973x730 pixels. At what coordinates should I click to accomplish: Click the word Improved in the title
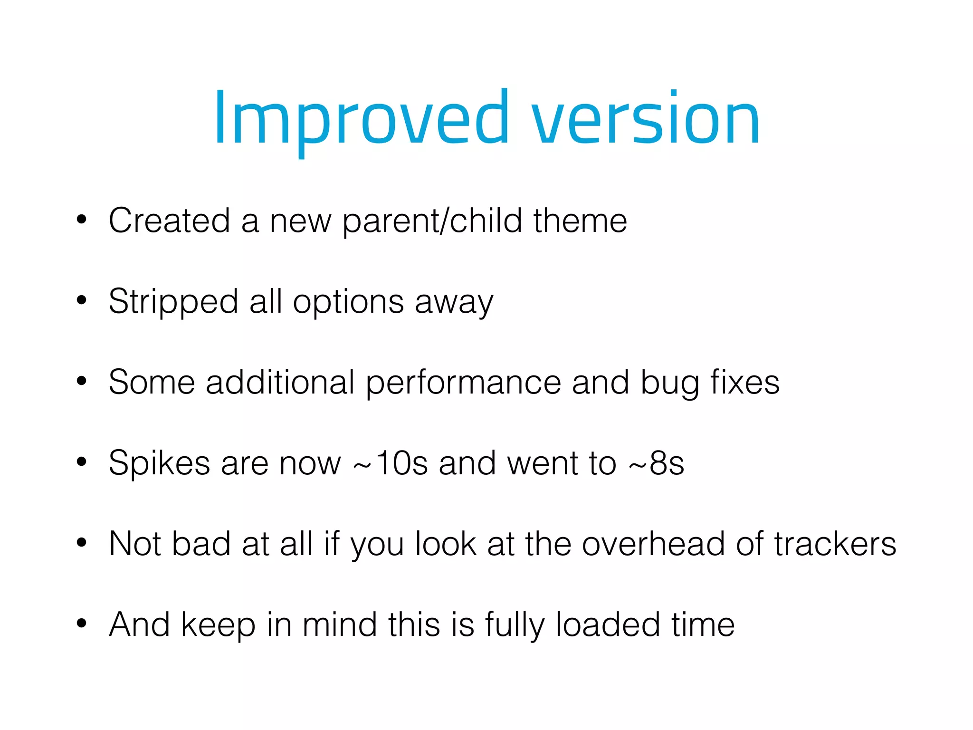pyautogui.click(x=361, y=119)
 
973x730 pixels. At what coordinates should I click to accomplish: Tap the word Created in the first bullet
pyautogui.click(x=169, y=221)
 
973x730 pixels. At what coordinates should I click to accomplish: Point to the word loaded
pyautogui.click(x=608, y=625)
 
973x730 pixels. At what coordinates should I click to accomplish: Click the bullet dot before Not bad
pyautogui.click(x=82, y=542)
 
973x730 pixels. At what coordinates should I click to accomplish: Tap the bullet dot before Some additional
pyautogui.click(x=82, y=381)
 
